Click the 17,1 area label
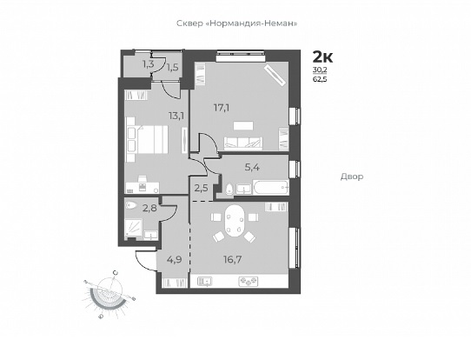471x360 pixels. (x=222, y=108)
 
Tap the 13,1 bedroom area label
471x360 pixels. (x=176, y=116)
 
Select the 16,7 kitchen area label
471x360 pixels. (x=233, y=259)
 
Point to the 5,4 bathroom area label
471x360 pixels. (x=252, y=167)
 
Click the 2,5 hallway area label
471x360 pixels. (x=201, y=189)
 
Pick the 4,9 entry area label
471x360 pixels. (x=175, y=259)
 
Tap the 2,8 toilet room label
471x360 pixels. (x=149, y=208)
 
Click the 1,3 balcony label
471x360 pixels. (x=149, y=63)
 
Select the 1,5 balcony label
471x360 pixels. (x=172, y=67)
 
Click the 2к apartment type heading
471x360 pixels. (x=323, y=57)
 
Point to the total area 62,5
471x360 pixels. (x=320, y=80)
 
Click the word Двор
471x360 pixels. (x=352, y=177)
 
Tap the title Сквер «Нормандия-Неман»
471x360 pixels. (x=237, y=23)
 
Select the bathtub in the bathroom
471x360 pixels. (x=271, y=187)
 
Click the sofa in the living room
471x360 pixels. (x=243, y=143)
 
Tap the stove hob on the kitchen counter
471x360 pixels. (x=249, y=281)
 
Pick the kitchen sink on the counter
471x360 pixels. (x=205, y=281)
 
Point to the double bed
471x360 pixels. (x=147, y=139)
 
